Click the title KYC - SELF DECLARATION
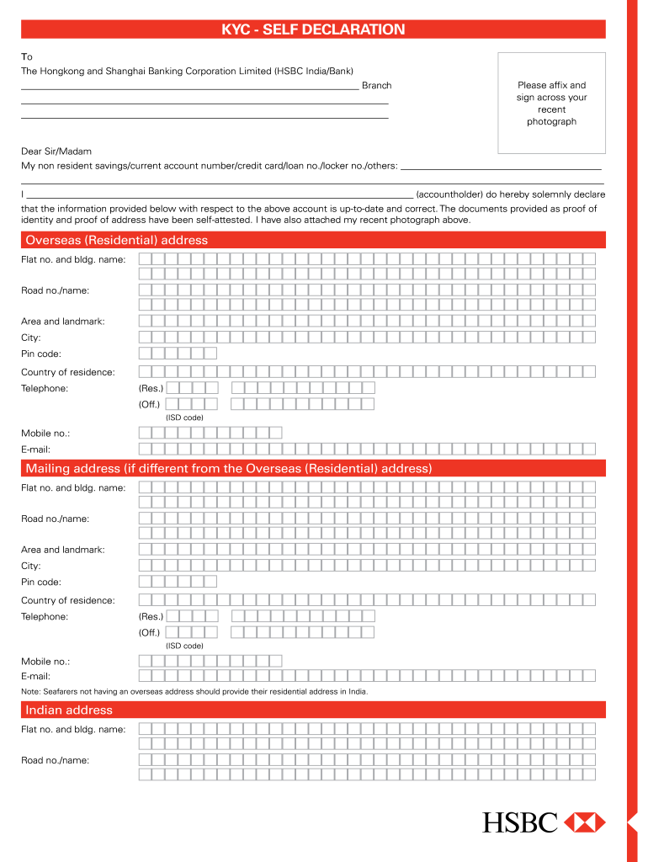313,29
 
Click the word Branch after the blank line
376,86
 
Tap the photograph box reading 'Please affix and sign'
551,104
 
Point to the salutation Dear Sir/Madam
56,152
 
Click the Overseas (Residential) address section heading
117,240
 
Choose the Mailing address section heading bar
229,468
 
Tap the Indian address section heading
69,710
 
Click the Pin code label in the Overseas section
41,354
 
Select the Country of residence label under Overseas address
68,372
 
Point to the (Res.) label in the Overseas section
151,388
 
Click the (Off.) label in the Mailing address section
151,632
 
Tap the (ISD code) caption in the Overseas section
184,418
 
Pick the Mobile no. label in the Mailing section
45,662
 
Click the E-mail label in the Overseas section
36,450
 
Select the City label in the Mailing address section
31,566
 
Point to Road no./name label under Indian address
55,760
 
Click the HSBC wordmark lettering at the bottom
520,822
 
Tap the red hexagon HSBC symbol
584,822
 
